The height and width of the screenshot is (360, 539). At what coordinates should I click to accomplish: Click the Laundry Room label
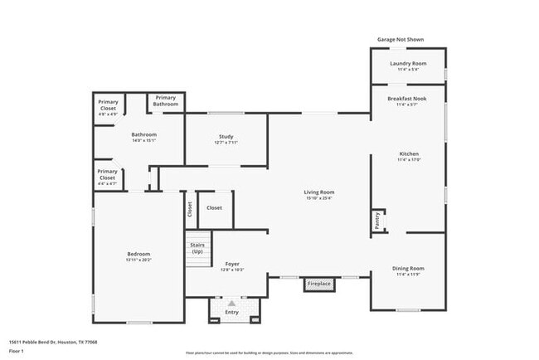click(x=408, y=64)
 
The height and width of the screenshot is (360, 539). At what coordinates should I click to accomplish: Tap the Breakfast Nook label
click(x=408, y=98)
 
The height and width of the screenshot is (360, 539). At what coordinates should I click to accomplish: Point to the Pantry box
click(x=376, y=220)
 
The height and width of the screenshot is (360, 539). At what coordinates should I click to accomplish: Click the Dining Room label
click(x=408, y=268)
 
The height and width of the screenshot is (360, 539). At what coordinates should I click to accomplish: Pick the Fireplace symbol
click(x=319, y=285)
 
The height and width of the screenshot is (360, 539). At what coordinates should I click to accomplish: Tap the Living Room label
click(x=319, y=192)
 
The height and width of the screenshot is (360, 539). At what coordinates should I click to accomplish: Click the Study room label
click(x=226, y=137)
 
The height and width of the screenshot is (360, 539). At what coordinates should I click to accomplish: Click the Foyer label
click(x=232, y=264)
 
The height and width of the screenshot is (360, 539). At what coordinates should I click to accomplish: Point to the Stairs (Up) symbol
click(x=197, y=248)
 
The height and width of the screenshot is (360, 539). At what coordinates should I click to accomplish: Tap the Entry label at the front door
click(x=232, y=312)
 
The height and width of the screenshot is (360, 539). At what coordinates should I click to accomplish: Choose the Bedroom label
click(x=138, y=254)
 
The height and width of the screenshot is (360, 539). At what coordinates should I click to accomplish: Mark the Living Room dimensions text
click(x=319, y=199)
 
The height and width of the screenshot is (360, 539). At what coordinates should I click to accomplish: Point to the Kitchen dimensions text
click(x=408, y=160)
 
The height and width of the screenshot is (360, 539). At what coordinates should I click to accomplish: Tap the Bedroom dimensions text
click(x=138, y=260)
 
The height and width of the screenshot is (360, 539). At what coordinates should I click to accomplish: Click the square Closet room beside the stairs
click(x=214, y=207)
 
